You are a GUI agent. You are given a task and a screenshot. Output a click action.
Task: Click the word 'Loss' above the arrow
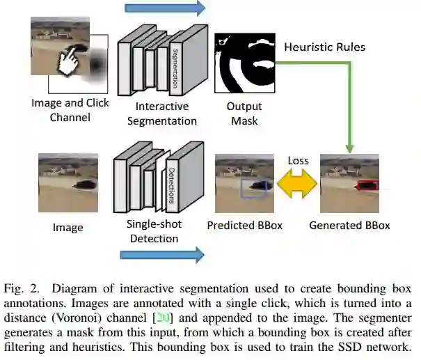pyautogui.click(x=298, y=162)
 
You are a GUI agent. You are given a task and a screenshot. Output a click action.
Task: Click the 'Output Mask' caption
pyautogui.click(x=244, y=114)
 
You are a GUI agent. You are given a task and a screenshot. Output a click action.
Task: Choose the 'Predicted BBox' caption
pyautogui.click(x=244, y=226)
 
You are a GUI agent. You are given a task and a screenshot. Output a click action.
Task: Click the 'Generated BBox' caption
pyautogui.click(x=349, y=226)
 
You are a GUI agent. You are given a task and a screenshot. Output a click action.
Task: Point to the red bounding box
pyautogui.click(x=366, y=185)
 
